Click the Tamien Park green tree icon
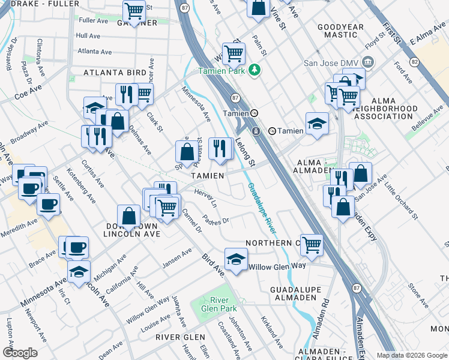255,70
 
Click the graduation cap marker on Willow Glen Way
236,260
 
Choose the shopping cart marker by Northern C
312,245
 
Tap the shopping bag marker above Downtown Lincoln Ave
129,216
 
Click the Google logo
20,353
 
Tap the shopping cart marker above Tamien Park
233,53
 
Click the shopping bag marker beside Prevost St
187,151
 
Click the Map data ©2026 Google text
412,355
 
